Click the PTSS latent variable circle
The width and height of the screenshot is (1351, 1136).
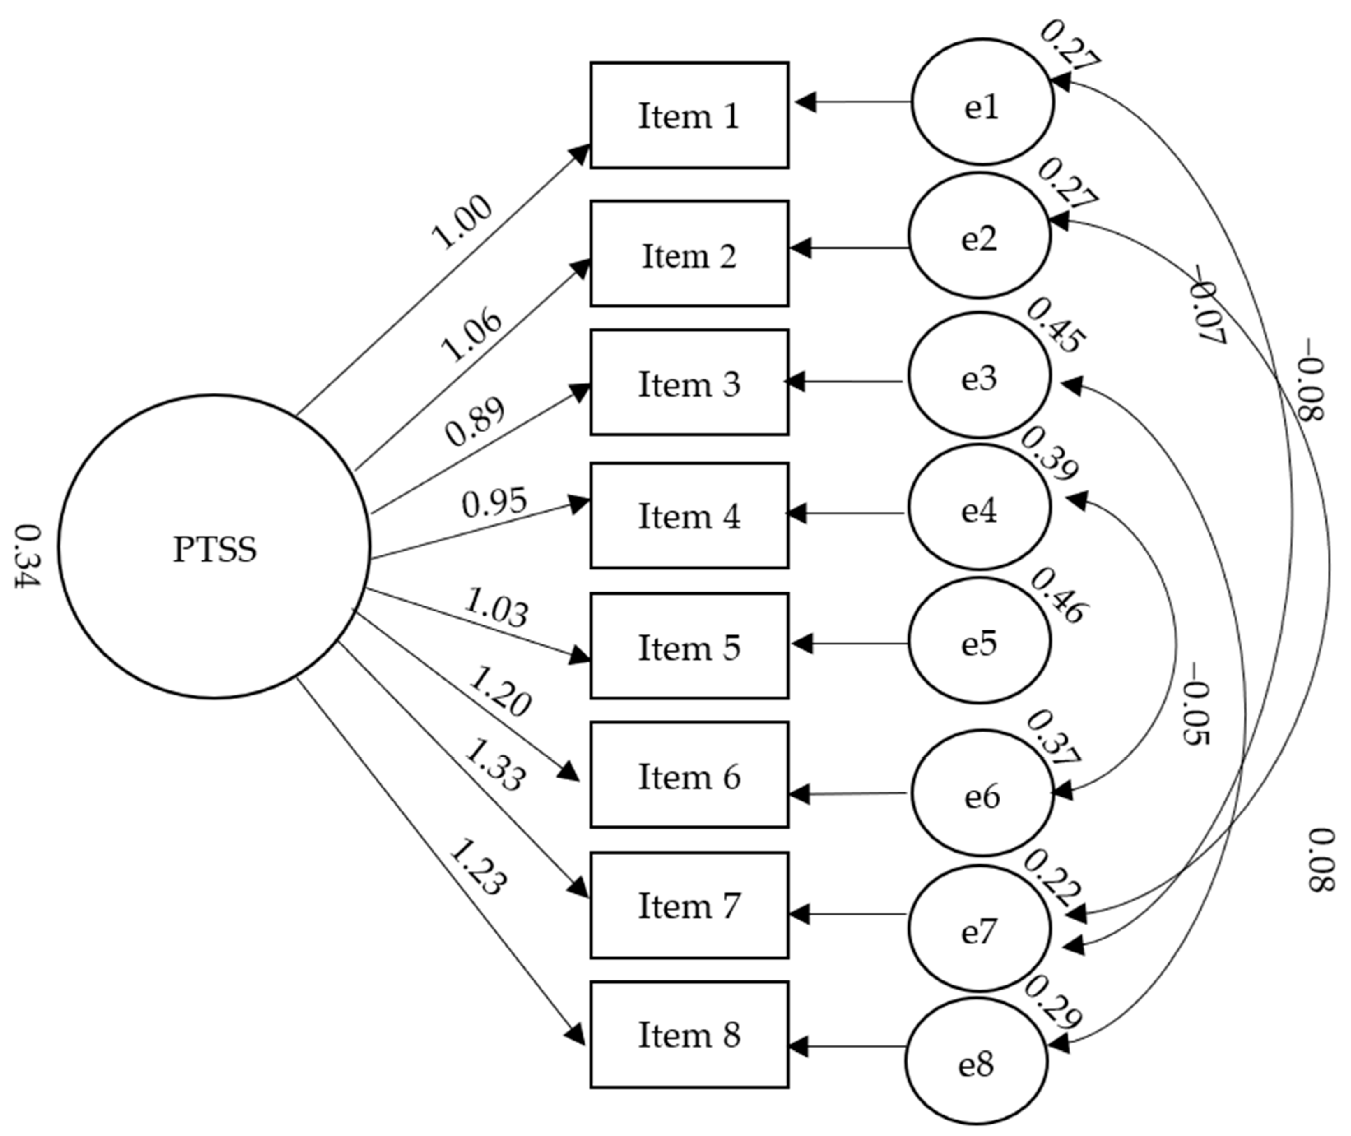coord(214,546)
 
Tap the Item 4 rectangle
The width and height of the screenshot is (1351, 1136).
coord(689,515)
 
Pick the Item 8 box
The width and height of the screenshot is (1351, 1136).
coord(689,1035)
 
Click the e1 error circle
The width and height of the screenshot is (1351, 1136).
coord(982,102)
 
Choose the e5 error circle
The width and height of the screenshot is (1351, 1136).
coord(980,640)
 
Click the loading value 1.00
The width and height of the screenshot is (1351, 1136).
coord(461,223)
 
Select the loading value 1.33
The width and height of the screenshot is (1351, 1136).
coord(494,764)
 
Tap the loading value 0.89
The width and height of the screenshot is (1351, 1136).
coord(475,423)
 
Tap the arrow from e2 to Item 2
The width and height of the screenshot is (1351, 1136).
coord(850,248)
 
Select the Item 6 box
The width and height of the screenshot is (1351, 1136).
coord(689,775)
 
